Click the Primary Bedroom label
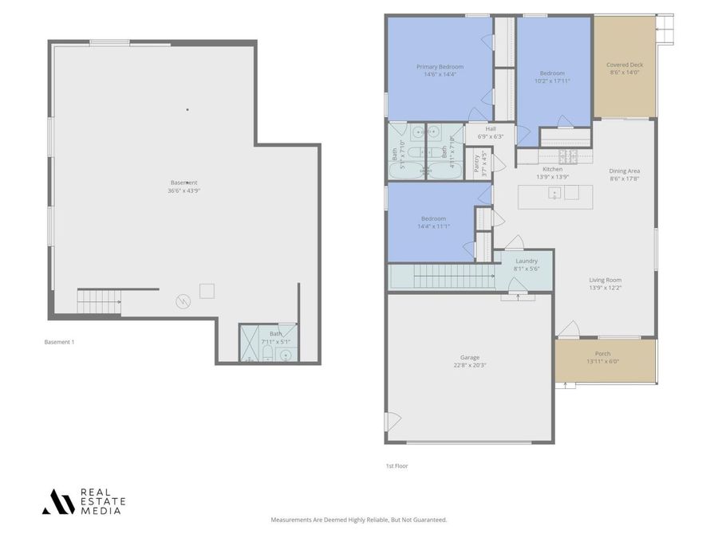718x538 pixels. [x=440, y=67]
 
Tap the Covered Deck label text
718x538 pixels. [x=625, y=65]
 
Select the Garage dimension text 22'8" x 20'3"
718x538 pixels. [x=470, y=365]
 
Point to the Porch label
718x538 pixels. [x=602, y=353]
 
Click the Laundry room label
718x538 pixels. [x=527, y=261]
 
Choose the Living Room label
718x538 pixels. [x=605, y=280]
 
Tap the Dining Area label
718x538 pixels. [x=625, y=171]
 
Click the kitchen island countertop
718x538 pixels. [x=555, y=196]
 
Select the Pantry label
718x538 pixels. [x=477, y=163]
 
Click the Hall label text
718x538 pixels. [x=491, y=128]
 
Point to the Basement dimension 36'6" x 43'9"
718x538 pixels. [x=183, y=190]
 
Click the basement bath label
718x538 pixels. [x=275, y=334]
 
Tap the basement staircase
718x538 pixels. [x=99, y=301]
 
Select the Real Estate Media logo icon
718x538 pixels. [x=58, y=501]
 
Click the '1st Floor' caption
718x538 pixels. [x=396, y=465]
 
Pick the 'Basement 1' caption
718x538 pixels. [x=59, y=342]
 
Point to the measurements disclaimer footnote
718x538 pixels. [x=359, y=520]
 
